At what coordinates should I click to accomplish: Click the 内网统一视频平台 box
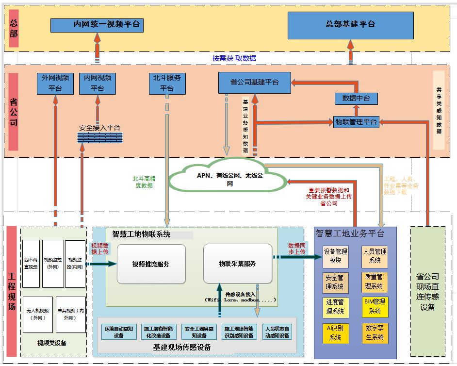click(97, 25)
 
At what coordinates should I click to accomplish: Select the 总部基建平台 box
click(350, 25)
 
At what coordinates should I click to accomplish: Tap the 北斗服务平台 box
click(167, 83)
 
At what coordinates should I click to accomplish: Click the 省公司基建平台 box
click(254, 83)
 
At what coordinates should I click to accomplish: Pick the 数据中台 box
click(356, 99)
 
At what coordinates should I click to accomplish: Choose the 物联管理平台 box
click(356, 122)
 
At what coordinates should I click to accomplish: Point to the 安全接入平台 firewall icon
click(99, 137)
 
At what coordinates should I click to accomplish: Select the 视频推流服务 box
click(151, 264)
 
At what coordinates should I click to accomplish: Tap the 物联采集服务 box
click(237, 264)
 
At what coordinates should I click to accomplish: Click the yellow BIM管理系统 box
click(375, 307)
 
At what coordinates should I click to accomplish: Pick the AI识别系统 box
click(336, 333)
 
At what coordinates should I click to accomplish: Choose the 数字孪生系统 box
click(375, 333)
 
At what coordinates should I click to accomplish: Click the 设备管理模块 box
click(336, 256)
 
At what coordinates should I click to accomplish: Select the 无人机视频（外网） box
click(38, 314)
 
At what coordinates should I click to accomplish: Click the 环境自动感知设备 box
click(119, 332)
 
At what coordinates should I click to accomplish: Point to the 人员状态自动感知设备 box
click(277, 332)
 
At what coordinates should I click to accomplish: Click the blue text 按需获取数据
click(234, 58)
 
